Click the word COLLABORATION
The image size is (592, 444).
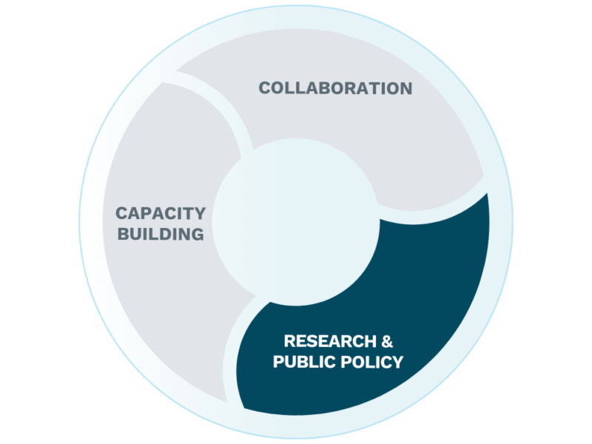click(335, 88)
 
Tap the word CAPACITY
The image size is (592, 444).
click(161, 214)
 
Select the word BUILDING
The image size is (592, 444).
click(160, 235)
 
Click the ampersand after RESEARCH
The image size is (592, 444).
click(386, 341)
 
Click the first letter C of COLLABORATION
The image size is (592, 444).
click(264, 88)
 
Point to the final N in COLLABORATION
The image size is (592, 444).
click(406, 88)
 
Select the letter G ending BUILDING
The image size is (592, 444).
click(196, 235)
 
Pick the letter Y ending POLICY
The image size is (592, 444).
click(397, 362)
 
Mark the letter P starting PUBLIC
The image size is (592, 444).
click(279, 362)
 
